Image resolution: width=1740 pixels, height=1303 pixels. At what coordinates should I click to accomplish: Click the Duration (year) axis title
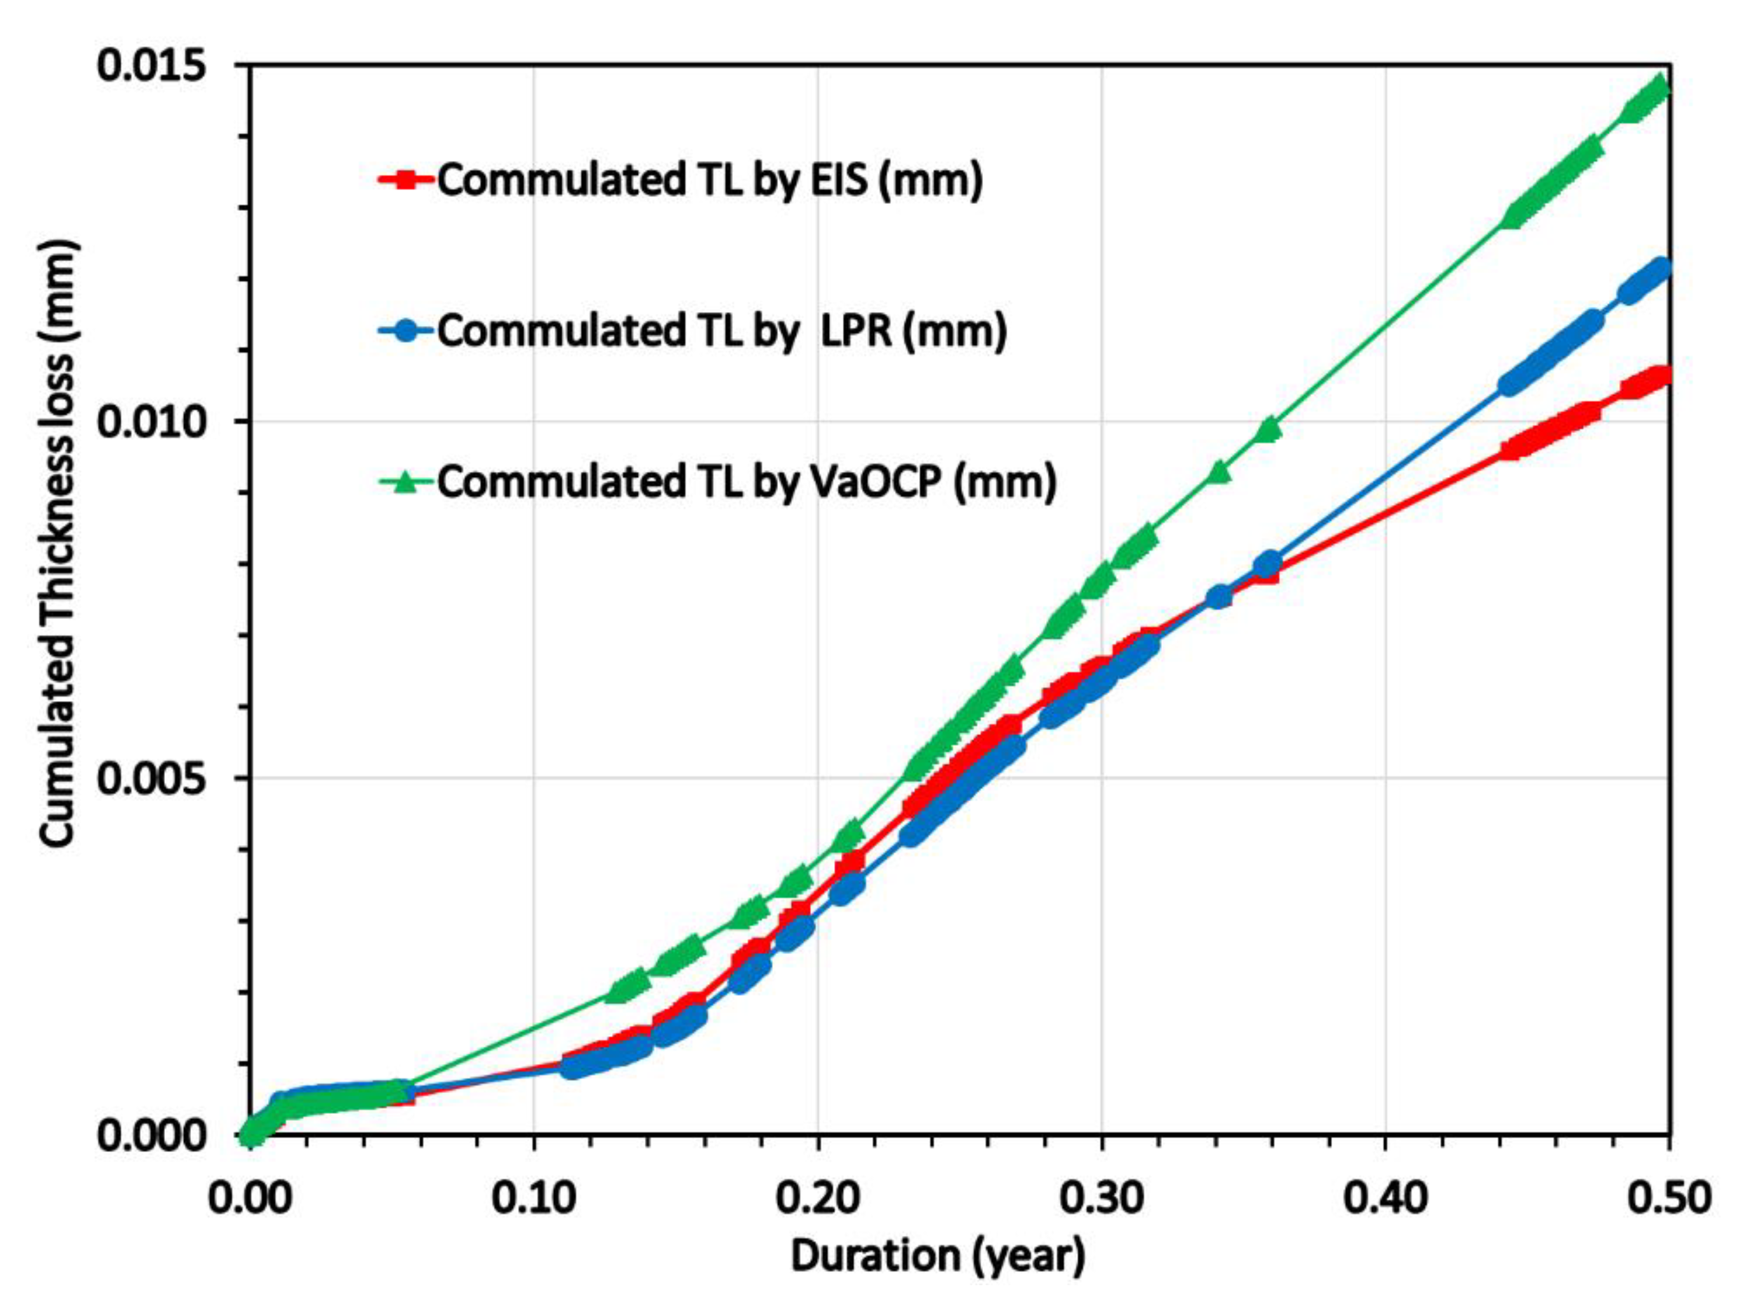[938, 1256]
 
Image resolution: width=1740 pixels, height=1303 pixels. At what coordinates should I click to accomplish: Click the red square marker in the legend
[406, 180]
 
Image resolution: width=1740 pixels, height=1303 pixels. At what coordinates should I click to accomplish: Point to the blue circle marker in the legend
[406, 331]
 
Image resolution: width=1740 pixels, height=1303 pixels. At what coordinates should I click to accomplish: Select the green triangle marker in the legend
[406, 481]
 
